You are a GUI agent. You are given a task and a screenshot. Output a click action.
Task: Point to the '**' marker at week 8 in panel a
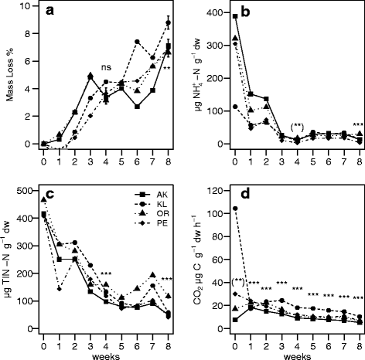[166, 68]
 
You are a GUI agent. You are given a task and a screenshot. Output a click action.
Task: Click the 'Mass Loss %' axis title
[9, 75]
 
